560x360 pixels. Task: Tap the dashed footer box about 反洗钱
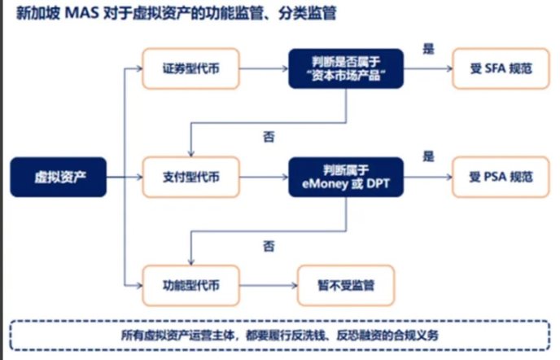click(x=282, y=336)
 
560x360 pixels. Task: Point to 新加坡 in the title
click(x=37, y=14)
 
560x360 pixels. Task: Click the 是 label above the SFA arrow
click(x=429, y=49)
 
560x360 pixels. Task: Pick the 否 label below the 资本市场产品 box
click(x=269, y=137)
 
